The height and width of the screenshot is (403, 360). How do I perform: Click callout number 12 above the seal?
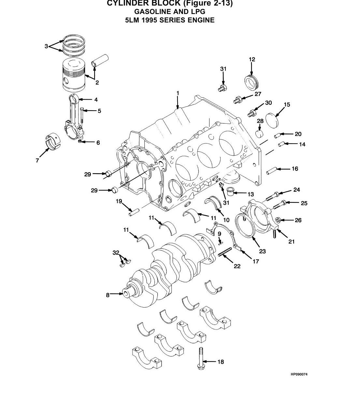[252, 59]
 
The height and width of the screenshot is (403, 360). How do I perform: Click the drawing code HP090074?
[299, 374]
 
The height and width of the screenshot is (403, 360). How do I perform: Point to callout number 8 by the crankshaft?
[108, 295]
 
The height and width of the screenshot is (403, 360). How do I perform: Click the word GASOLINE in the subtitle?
[153, 12]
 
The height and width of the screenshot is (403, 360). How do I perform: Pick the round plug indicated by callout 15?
[273, 120]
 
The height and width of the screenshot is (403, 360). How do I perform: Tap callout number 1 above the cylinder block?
[178, 93]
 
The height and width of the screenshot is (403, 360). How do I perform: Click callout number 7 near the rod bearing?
[37, 160]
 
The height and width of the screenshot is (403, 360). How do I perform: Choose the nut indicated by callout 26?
[278, 220]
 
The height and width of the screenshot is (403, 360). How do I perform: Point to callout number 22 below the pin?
[237, 266]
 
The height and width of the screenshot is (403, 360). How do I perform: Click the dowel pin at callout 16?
[271, 171]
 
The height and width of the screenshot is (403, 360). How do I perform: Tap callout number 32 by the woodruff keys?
[116, 253]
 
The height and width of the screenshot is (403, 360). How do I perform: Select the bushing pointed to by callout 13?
[230, 191]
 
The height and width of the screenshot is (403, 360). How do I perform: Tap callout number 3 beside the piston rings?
[46, 46]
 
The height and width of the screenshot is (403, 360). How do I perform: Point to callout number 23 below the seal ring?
[262, 251]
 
